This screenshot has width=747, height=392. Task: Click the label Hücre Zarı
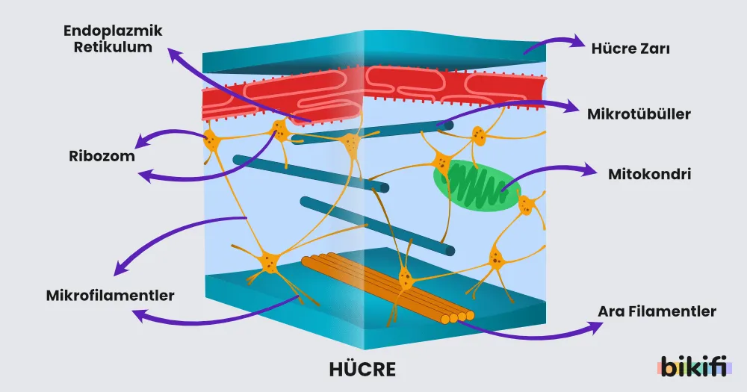[x=630, y=49]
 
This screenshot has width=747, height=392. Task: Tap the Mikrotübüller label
[x=639, y=114]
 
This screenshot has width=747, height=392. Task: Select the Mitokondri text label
[x=649, y=174]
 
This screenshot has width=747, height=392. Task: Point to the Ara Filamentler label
[x=657, y=311]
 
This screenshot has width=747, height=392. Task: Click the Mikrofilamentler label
[x=110, y=296]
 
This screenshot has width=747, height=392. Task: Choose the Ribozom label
[x=102, y=156]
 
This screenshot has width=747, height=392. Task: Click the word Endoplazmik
[x=113, y=31]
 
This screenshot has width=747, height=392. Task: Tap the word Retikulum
[x=113, y=47]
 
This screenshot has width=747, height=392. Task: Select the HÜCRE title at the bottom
[x=362, y=370]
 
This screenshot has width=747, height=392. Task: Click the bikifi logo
[x=694, y=366]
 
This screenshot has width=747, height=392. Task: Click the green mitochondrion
[x=477, y=187]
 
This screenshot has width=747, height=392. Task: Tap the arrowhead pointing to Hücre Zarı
[x=577, y=42]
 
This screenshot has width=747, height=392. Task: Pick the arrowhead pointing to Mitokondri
[x=589, y=170]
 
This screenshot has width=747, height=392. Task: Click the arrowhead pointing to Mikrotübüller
[x=571, y=107]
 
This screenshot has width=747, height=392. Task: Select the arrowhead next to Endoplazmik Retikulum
[x=174, y=55]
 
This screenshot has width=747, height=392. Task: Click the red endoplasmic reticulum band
[x=374, y=93]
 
